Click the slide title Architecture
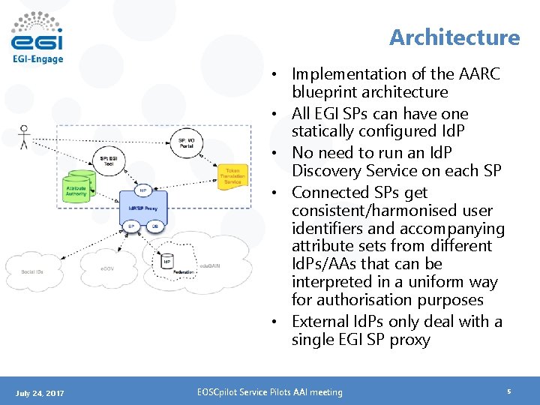pyautogui.click(x=454, y=37)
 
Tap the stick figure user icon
pyautogui.click(x=24, y=136)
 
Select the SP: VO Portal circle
pyautogui.click(x=187, y=142)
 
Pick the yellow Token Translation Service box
pyautogui.click(x=232, y=175)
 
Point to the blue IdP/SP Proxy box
pyautogui.click(x=142, y=205)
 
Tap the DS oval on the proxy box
pyautogui.click(x=154, y=224)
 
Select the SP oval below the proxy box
pyautogui.click(x=131, y=224)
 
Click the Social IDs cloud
pyautogui.click(x=34, y=270)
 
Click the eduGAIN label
pyautogui.click(x=210, y=266)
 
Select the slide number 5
pyautogui.click(x=508, y=391)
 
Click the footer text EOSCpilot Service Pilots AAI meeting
pyautogui.click(x=269, y=392)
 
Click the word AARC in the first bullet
pyautogui.click(x=478, y=74)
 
